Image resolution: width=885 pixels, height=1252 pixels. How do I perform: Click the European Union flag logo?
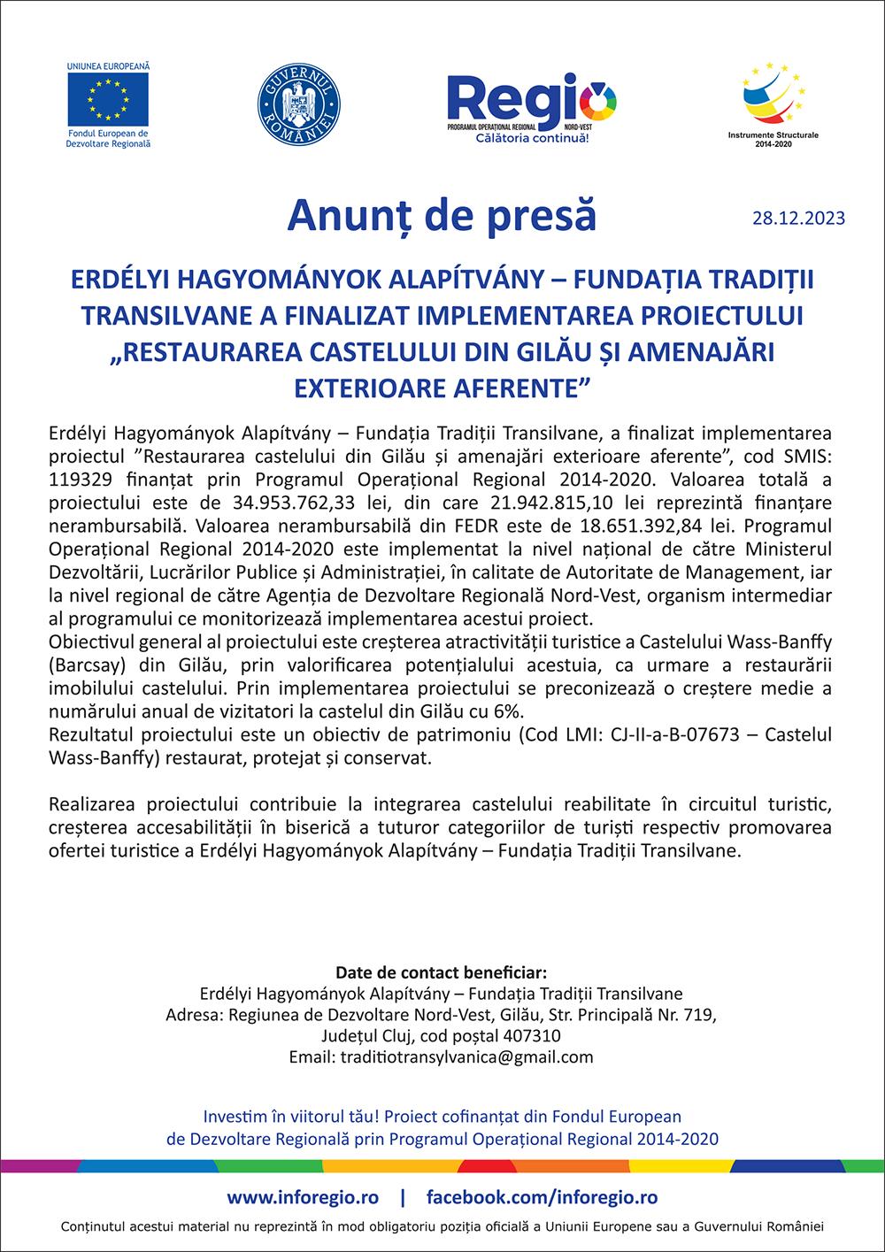(x=108, y=99)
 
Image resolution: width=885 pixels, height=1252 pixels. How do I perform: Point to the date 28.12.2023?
(x=798, y=218)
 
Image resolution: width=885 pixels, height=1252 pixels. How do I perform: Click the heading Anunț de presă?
(x=442, y=215)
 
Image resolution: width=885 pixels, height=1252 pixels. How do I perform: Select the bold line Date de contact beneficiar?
(x=442, y=973)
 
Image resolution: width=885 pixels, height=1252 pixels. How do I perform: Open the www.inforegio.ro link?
(x=303, y=1197)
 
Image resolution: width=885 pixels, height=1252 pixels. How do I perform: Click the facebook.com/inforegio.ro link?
(x=542, y=1197)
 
